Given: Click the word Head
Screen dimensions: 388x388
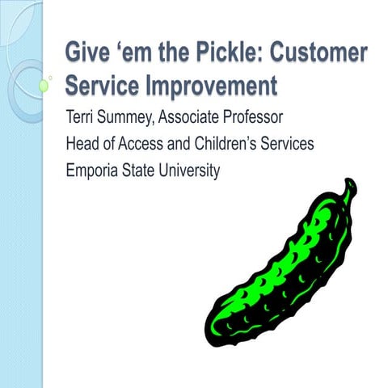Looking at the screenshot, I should [x=82, y=146].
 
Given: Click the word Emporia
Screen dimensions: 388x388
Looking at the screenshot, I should [x=93, y=171].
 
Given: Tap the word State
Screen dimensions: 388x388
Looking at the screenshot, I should [x=142, y=171].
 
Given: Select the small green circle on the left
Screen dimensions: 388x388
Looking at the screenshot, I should [x=44, y=84].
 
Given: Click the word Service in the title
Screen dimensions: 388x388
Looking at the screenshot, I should [x=101, y=84].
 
